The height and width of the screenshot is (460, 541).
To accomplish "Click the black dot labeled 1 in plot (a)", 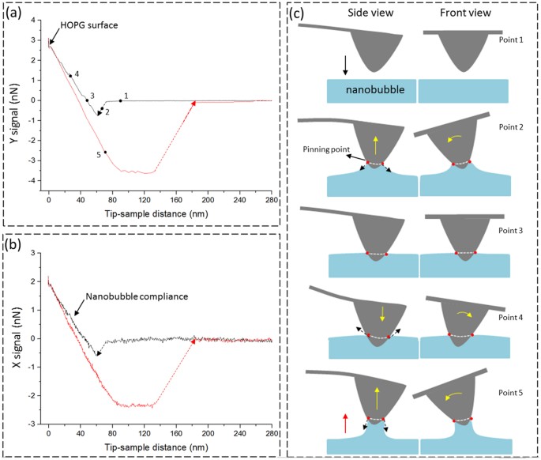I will [x=121, y=100].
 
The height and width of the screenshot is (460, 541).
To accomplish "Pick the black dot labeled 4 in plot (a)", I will [x=70, y=76].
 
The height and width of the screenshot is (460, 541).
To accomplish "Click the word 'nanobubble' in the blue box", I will [x=370, y=91].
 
